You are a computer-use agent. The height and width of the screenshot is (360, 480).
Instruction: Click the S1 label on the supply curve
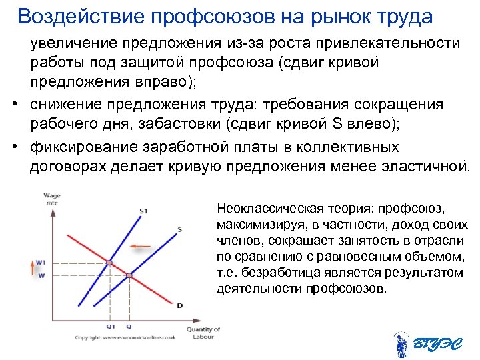pyautogui.click(x=143, y=211)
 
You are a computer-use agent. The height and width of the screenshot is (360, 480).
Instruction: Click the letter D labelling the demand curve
pyautogui.click(x=179, y=305)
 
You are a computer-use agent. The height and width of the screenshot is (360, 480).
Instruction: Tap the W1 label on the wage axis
pyautogui.click(x=40, y=262)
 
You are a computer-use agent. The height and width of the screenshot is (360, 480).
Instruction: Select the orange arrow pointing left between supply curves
pyautogui.click(x=141, y=247)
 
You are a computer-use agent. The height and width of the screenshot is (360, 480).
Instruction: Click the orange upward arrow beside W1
pyautogui.click(x=31, y=269)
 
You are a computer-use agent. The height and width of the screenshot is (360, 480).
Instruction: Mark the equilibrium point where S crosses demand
pyautogui.click(x=129, y=275)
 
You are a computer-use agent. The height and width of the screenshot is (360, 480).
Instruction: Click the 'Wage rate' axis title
pyautogui.click(x=51, y=199)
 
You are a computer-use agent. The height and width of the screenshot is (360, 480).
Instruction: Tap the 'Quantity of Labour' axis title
pyautogui.click(x=203, y=333)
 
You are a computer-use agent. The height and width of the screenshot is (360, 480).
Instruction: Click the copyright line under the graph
pyautogui.click(x=125, y=338)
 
